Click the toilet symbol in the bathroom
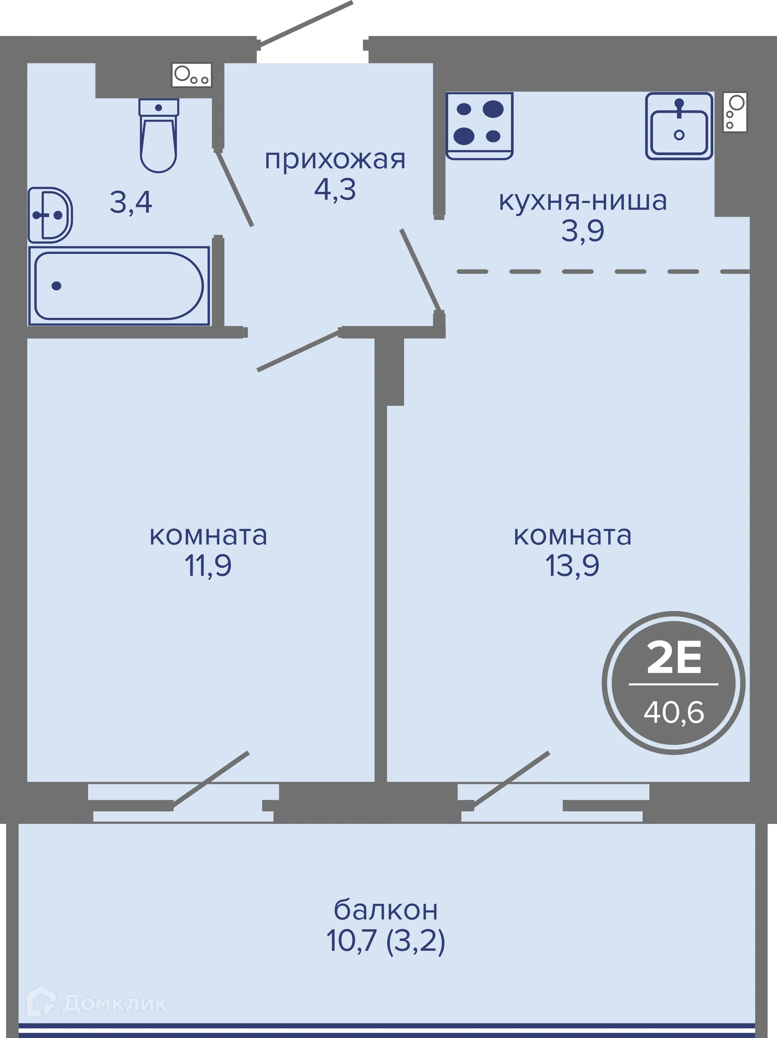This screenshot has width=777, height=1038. [x=159, y=136]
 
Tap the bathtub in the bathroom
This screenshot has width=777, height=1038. [x=119, y=286]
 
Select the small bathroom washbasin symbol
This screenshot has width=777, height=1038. [x=50, y=215]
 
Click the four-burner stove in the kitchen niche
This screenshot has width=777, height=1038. [x=479, y=125]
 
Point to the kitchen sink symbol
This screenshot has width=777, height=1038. [x=679, y=126]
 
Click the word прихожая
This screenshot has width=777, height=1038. [x=335, y=160]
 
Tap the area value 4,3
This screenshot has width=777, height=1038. [x=335, y=190]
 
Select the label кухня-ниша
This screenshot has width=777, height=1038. [x=582, y=201]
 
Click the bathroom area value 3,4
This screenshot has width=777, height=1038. [x=131, y=203]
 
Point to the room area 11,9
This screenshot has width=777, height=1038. [x=208, y=566]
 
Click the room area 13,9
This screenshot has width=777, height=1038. [x=572, y=566]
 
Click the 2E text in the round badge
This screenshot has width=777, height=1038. [x=674, y=658]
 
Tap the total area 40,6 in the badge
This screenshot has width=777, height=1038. [x=674, y=712]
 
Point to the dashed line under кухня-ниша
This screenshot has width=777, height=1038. [x=603, y=272]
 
